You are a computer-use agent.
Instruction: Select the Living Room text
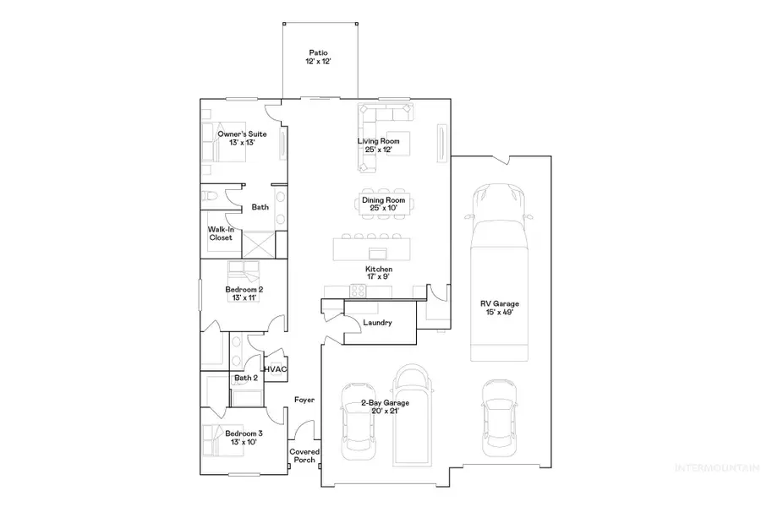pyautogui.click(x=378, y=145)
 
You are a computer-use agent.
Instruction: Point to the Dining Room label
pyautogui.click(x=385, y=204)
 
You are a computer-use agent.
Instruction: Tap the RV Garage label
pyautogui.click(x=501, y=308)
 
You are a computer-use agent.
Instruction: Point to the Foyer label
pyautogui.click(x=304, y=400)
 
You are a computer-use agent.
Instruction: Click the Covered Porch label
pyautogui.click(x=305, y=455)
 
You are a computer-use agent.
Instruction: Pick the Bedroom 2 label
pyautogui.click(x=244, y=293)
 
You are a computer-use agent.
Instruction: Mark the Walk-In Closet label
pyautogui.click(x=221, y=233)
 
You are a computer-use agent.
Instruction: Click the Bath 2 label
pyautogui.click(x=222, y=378)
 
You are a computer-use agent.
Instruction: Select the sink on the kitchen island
pyautogui.click(x=378, y=252)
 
